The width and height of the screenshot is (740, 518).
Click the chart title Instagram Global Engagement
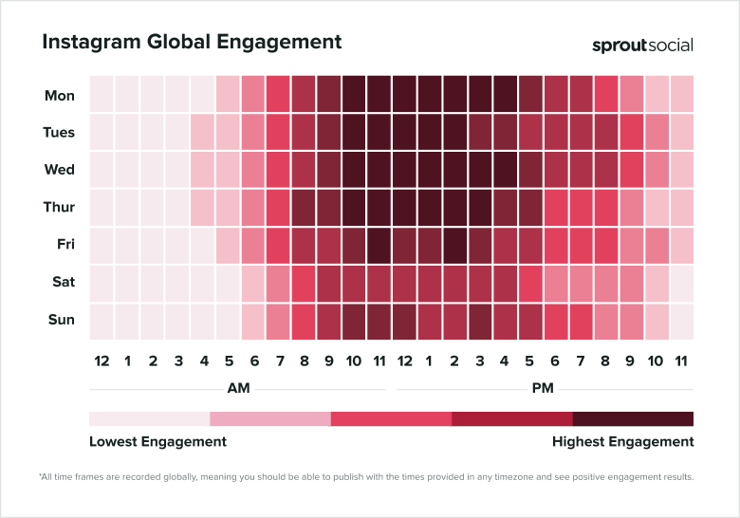[x=192, y=43]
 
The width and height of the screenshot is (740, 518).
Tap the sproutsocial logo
[x=642, y=45]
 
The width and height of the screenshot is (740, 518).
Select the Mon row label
[x=60, y=96]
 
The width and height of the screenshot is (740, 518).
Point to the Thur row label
[x=59, y=208]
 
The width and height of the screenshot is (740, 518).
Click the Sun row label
[x=61, y=320]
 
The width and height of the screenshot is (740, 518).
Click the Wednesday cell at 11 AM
[x=379, y=171]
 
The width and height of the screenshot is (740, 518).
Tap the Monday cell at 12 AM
[x=102, y=96]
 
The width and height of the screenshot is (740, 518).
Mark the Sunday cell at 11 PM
[x=681, y=321]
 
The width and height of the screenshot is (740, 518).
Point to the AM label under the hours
[x=238, y=389]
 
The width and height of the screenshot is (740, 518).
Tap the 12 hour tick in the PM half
[x=403, y=361]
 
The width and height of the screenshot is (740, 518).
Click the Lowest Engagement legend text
[x=157, y=442]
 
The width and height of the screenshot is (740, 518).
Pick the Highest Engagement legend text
[x=622, y=442]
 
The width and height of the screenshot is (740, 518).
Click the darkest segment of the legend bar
[x=633, y=419]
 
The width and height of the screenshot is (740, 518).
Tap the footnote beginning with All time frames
[x=366, y=476]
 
